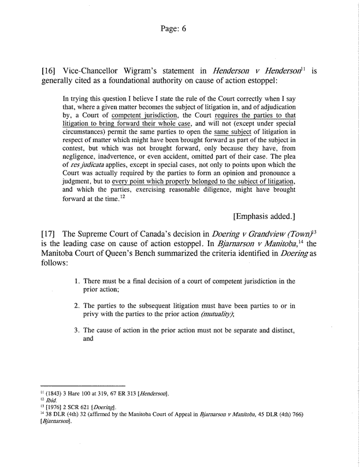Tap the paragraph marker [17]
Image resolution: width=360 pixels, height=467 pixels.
pos(50,236)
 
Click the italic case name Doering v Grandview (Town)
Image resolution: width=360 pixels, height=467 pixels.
pos(250,236)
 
